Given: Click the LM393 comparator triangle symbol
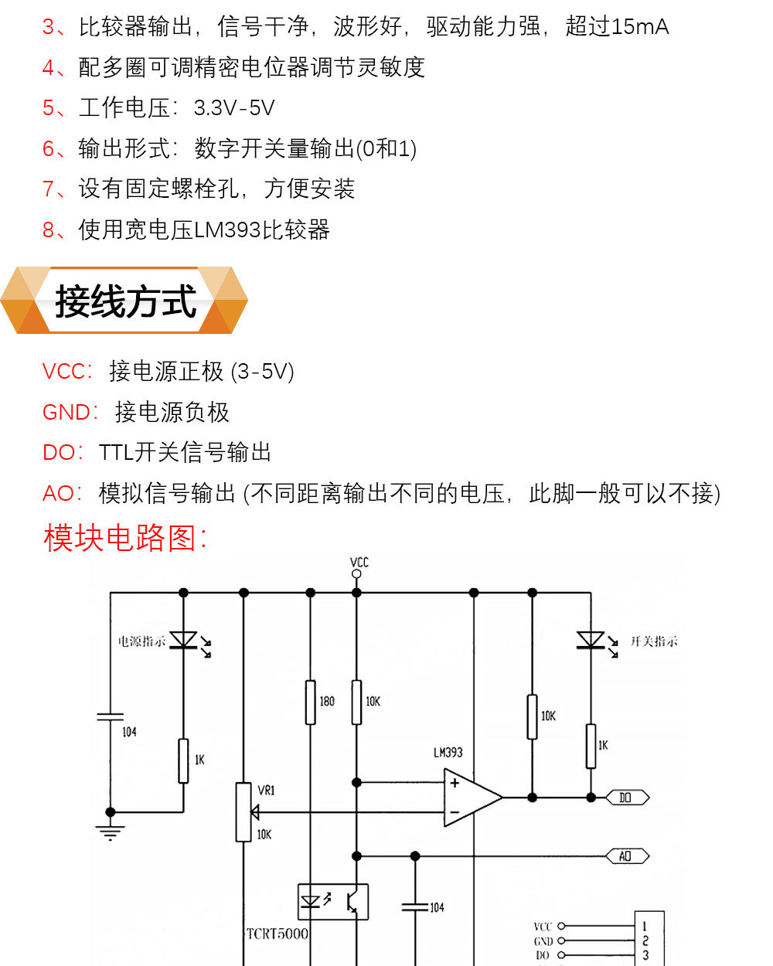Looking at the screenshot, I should coord(470,798).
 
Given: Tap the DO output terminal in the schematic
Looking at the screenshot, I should coord(625,798).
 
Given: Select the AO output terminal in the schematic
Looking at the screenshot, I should coord(625,856).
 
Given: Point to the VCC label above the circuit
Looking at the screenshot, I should coord(359,562).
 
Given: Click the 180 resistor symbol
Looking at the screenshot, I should coord(311,702).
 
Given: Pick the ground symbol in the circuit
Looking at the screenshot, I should coord(111,832).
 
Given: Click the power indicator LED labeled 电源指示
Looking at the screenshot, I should coord(184,640).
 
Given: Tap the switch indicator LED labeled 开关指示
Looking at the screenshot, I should coord(591,640).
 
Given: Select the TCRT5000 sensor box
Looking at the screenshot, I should coord(333,902).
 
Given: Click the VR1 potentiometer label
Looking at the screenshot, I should coord(266,790).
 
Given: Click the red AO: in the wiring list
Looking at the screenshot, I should coord(63,493).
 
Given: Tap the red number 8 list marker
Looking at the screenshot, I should coord(49,230).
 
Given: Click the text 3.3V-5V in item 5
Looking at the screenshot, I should coord(234,108).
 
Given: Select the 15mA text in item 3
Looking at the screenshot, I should coord(639,27).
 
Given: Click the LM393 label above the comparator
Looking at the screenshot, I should coord(448,752).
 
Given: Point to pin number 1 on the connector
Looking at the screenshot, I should coord(645,926).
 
